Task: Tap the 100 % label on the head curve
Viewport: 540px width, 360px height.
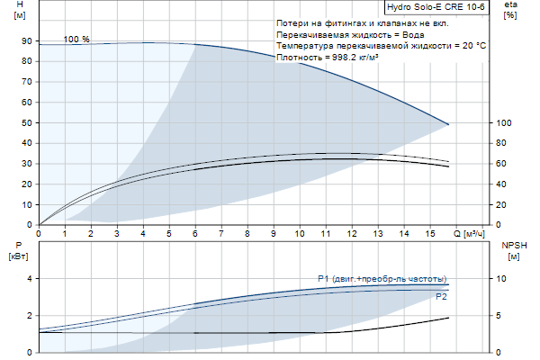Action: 77,40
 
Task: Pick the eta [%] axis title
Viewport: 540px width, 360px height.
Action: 510,12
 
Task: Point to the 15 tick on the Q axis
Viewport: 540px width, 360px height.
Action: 429,235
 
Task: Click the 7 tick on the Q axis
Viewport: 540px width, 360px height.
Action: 221,235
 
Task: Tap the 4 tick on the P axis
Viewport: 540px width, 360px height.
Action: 29,279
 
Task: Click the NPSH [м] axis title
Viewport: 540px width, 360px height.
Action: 514,250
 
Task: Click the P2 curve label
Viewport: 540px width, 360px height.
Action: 441,296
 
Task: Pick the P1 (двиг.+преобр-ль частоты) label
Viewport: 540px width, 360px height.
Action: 382,278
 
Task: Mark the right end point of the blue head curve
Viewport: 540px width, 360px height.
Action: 448,124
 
